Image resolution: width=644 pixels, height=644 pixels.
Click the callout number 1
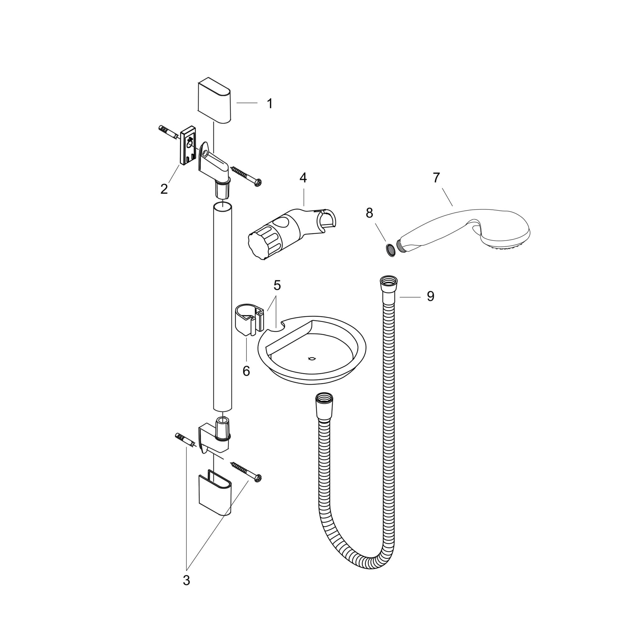[x=270, y=104]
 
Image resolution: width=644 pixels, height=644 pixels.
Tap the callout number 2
[x=164, y=189]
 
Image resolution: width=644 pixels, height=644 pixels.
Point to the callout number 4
[x=303, y=178]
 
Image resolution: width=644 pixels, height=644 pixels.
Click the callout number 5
[x=277, y=285]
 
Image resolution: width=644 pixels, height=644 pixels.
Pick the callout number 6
[x=246, y=371]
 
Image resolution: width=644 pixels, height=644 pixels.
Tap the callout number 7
[x=436, y=178]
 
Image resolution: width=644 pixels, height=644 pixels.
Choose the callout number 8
[x=369, y=213]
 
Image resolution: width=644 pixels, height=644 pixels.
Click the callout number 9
[x=431, y=296]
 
